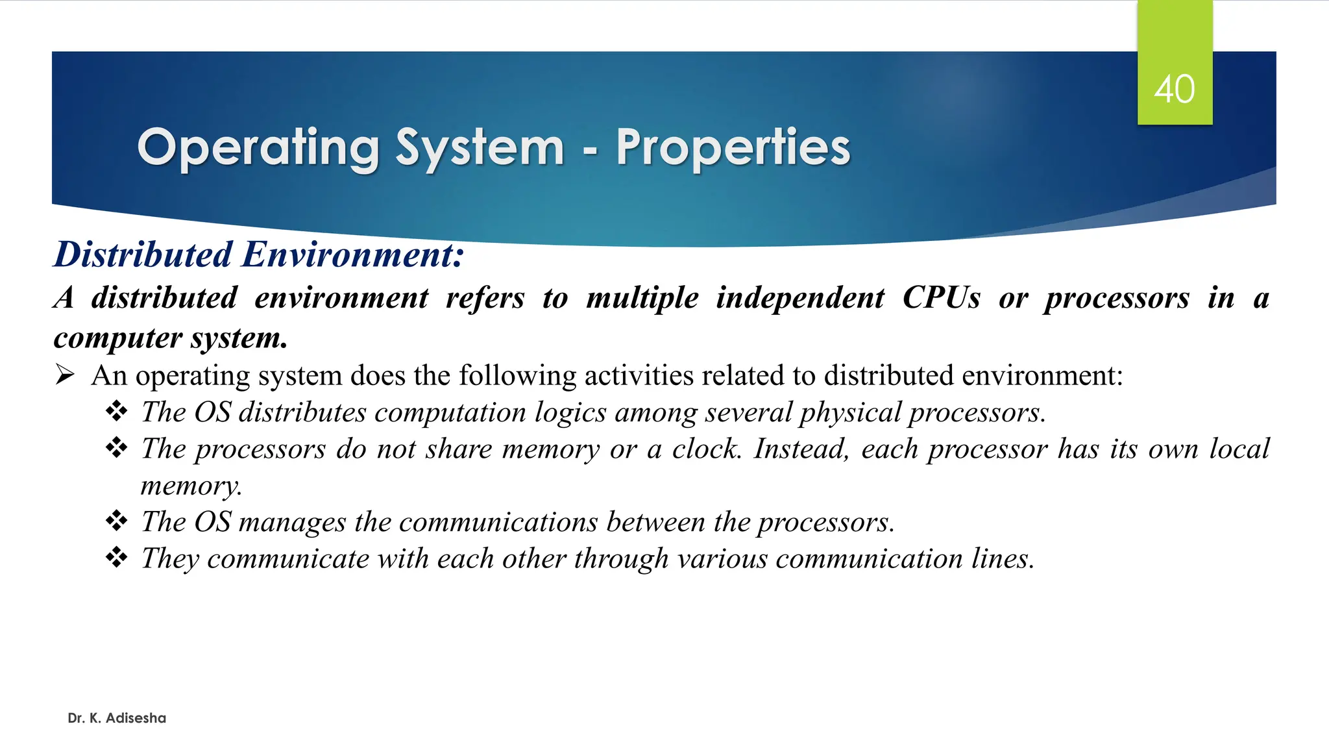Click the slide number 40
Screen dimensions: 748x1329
point(1174,89)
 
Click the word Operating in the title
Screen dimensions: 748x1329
point(258,148)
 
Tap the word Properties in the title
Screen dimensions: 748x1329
point(733,148)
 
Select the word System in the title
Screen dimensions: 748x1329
point(480,148)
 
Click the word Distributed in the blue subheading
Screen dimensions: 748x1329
point(143,254)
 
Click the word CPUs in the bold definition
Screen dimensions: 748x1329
point(941,298)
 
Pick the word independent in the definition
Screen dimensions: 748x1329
point(799,298)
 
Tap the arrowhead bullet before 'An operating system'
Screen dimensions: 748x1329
point(65,375)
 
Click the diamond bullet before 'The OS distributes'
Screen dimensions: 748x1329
point(116,411)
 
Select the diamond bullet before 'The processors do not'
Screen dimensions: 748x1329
point(116,447)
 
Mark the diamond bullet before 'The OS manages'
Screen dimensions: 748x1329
point(116,521)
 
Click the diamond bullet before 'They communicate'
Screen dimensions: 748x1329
point(116,557)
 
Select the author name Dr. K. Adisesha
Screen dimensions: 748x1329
point(117,718)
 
